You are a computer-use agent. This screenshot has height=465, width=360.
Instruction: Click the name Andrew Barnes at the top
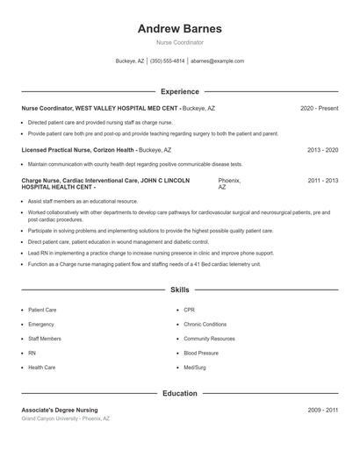click(x=179, y=28)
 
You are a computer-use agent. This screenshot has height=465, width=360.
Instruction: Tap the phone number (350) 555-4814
click(x=167, y=61)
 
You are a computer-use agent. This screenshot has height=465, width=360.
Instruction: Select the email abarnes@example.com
click(x=217, y=61)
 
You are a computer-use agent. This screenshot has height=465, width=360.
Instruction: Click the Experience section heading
click(x=179, y=91)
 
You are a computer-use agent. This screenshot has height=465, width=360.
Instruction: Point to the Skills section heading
click(x=179, y=289)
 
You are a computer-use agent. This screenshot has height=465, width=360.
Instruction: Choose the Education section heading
click(x=179, y=394)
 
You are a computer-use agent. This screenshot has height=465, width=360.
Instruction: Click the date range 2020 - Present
click(x=319, y=108)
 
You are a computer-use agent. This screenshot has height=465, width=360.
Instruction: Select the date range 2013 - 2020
click(x=322, y=150)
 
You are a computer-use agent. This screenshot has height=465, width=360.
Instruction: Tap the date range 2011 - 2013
click(x=322, y=180)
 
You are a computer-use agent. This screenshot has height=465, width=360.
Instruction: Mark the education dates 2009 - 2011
click(x=322, y=410)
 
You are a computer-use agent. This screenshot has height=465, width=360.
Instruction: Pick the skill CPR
click(x=189, y=310)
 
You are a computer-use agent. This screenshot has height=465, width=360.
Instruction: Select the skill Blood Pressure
click(x=201, y=353)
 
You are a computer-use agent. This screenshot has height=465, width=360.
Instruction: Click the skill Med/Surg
click(x=194, y=368)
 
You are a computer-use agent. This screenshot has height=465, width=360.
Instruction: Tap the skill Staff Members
click(x=45, y=339)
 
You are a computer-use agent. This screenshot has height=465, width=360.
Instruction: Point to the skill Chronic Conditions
click(x=205, y=325)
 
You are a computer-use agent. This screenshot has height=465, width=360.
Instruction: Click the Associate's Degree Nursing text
click(x=60, y=410)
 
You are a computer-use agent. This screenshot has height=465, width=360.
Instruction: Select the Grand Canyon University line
click(x=66, y=418)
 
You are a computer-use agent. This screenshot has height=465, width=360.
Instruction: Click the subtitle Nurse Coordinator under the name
click(x=179, y=42)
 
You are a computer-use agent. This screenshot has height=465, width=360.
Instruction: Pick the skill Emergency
click(x=41, y=325)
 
